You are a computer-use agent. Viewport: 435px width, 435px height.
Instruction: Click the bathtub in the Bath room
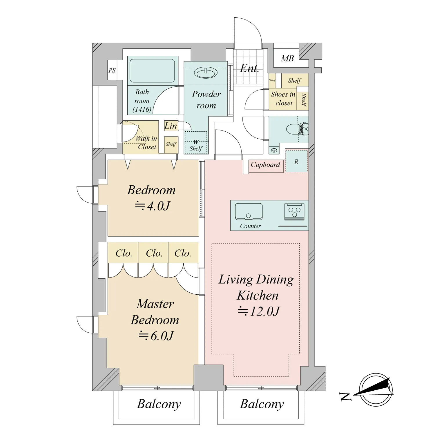(x=152, y=71)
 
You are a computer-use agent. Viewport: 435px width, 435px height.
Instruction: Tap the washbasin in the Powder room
(x=206, y=73)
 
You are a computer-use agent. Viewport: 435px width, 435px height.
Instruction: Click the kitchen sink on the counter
(x=249, y=211)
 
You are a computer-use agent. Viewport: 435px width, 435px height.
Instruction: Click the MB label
(x=287, y=59)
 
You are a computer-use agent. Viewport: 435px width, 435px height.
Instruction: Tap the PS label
(x=112, y=70)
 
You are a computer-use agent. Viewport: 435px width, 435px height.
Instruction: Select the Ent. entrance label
(x=249, y=69)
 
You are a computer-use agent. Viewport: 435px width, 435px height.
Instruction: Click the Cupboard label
(x=265, y=165)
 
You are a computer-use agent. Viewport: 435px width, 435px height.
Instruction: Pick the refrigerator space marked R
(x=296, y=161)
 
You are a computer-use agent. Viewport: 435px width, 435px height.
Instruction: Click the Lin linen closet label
(x=171, y=126)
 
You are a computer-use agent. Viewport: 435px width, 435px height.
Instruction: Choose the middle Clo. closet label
(x=154, y=253)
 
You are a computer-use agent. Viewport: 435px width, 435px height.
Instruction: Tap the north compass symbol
(x=376, y=390)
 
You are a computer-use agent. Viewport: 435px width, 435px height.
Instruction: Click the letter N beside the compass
(x=345, y=396)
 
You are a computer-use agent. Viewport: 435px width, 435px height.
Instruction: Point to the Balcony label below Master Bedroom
(x=159, y=404)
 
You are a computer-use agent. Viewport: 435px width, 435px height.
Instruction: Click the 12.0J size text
(x=259, y=311)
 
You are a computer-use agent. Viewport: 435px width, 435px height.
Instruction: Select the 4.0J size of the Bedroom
(x=152, y=206)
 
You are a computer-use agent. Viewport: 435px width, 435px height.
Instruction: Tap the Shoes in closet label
(x=283, y=99)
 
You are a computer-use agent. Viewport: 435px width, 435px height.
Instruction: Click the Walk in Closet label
(x=146, y=142)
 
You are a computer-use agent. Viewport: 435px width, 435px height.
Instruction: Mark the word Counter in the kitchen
(x=250, y=226)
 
